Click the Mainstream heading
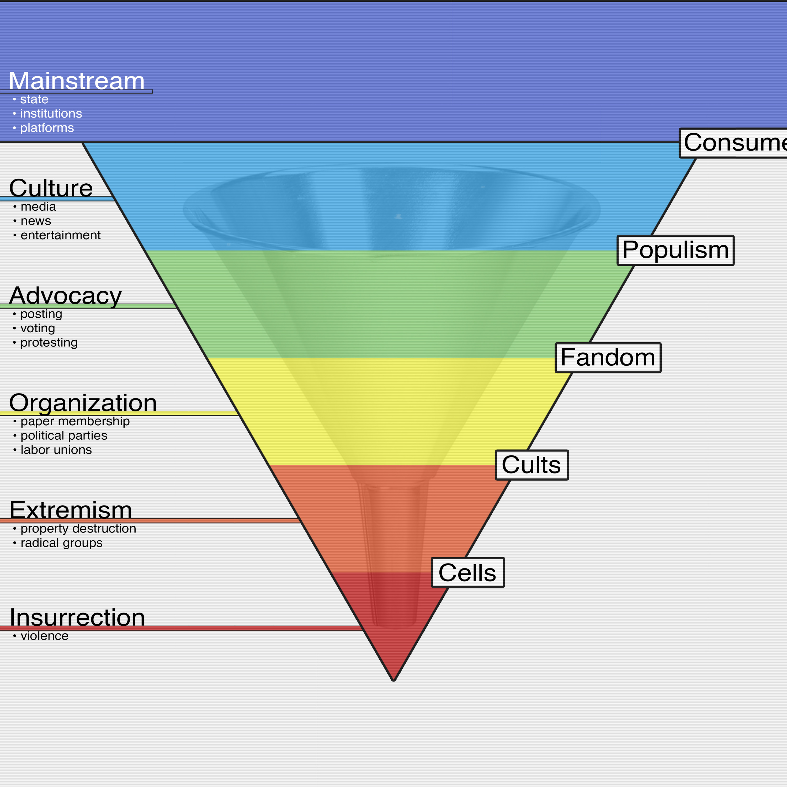click(x=77, y=81)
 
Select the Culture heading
click(x=51, y=188)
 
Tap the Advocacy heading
click(x=65, y=295)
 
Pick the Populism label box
click(x=676, y=250)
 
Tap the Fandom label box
click(x=608, y=358)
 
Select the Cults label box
click(x=531, y=465)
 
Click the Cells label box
click(x=468, y=572)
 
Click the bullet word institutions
click(x=51, y=114)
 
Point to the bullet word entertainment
click(x=60, y=235)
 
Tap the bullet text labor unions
click(x=56, y=450)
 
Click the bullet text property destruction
click(x=78, y=528)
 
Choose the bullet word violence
click(x=44, y=636)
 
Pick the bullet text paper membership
click(x=75, y=421)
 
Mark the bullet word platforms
click(x=47, y=128)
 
